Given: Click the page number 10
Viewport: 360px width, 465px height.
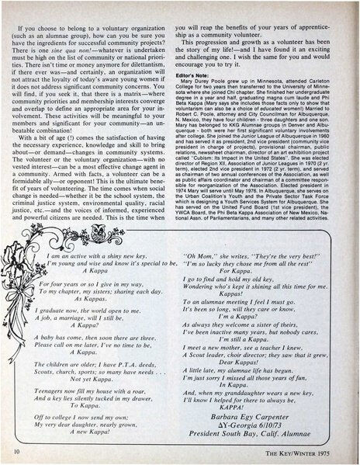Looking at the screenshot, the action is coord(16,450).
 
